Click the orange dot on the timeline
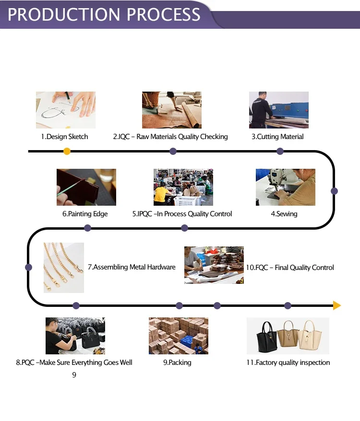[x=67, y=152]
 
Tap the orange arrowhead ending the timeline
[x=337, y=305]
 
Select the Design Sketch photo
[x=66, y=110]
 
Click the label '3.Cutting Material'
[x=277, y=137]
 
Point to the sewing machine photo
[x=285, y=187]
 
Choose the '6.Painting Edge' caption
[x=85, y=214]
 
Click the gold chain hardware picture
[x=63, y=267]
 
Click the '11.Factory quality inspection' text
[x=288, y=363]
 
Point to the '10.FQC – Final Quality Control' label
[x=290, y=268]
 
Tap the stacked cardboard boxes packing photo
[x=178, y=336]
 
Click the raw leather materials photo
[x=171, y=110]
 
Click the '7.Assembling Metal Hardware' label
[x=132, y=267]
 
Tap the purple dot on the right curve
[x=335, y=191]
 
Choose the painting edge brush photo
[x=86, y=187]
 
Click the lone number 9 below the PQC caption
[x=74, y=375]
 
